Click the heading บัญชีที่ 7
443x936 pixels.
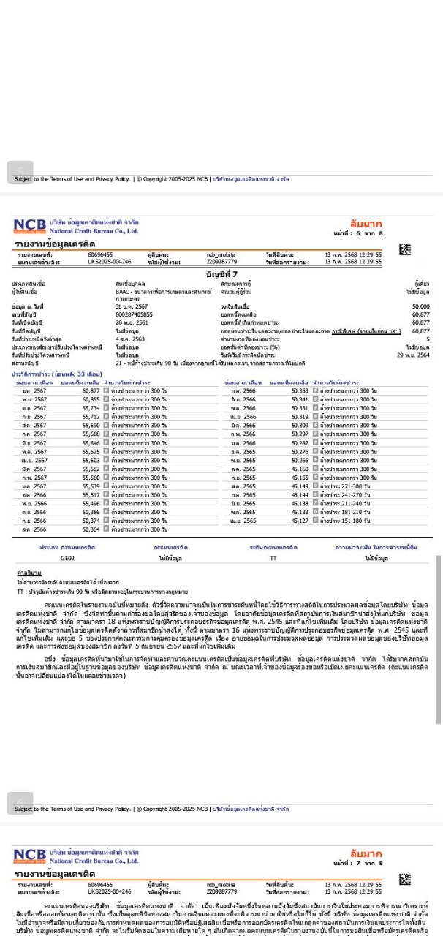221,273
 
